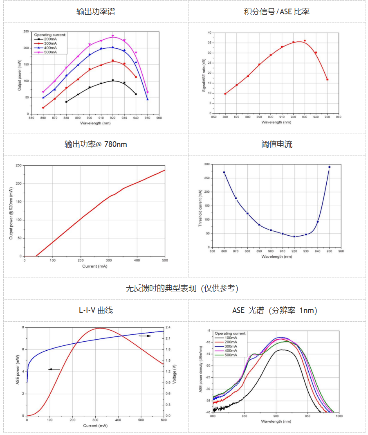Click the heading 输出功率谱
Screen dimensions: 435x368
tap(96, 11)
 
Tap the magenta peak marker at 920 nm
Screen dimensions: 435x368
tap(113, 36)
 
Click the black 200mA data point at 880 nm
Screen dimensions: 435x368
tap(66, 101)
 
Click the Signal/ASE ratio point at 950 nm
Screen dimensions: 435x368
tap(327, 79)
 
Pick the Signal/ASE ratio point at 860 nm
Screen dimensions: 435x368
tap(225, 94)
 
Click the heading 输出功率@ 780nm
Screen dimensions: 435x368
tap(96, 144)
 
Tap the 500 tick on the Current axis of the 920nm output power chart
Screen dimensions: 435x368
tap(165, 260)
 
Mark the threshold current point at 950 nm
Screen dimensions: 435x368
tap(329, 167)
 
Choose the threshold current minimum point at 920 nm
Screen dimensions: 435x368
tap(294, 237)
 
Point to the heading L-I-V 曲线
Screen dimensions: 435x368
tap(96, 310)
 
